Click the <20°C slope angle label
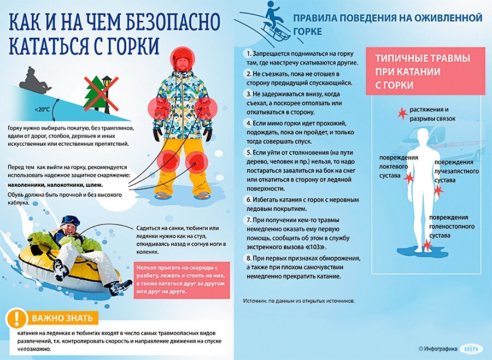tap(42, 109)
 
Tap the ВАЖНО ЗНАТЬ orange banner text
tap(61, 318)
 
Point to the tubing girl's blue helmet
tap(71, 221)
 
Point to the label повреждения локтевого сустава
tap(399, 167)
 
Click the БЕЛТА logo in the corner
tap(470, 347)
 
